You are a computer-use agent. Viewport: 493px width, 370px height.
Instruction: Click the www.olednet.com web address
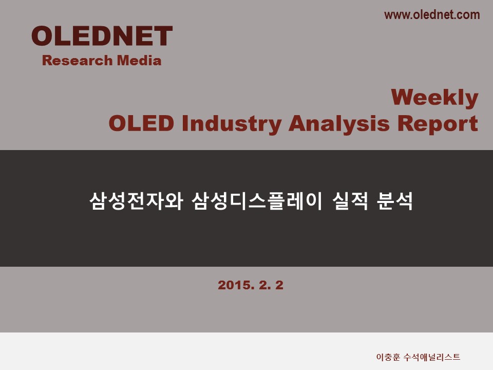pos(432,15)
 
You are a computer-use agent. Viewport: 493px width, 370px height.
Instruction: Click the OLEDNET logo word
pos(102,36)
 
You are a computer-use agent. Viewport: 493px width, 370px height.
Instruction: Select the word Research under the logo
pos(78,61)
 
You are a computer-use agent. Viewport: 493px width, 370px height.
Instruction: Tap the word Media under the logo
pos(139,61)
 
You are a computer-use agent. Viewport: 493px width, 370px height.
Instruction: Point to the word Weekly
pos(434,98)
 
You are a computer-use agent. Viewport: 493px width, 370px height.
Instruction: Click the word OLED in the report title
pos(142,123)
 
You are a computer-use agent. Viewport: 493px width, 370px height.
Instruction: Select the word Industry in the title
pos(232,124)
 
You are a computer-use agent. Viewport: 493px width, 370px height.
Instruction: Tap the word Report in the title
pos(438,124)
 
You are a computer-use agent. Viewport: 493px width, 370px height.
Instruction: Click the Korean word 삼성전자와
pos(136,201)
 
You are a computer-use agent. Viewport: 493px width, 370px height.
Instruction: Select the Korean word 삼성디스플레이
pos(257,201)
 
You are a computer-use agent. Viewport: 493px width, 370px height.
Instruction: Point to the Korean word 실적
pos(350,201)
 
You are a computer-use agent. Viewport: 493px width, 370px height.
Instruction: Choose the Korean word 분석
pos(394,201)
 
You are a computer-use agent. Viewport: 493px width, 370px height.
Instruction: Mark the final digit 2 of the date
pos(279,285)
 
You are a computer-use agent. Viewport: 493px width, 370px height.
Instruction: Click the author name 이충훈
pos(388,357)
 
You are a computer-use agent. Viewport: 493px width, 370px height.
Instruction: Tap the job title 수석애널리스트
pos(432,357)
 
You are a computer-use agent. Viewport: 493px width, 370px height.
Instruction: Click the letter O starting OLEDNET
pos(43,36)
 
